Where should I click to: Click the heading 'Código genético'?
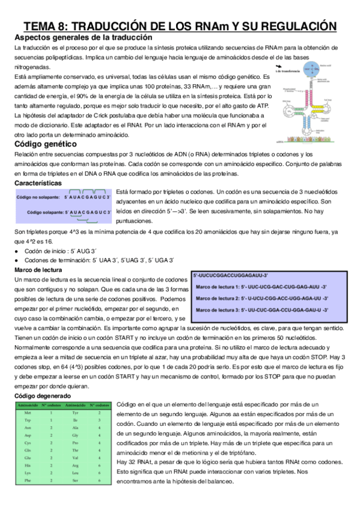tap(46, 145)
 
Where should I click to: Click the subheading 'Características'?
tap(37, 182)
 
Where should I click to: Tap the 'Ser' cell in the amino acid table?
tap(75, 480)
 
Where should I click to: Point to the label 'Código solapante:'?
tap(45, 212)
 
